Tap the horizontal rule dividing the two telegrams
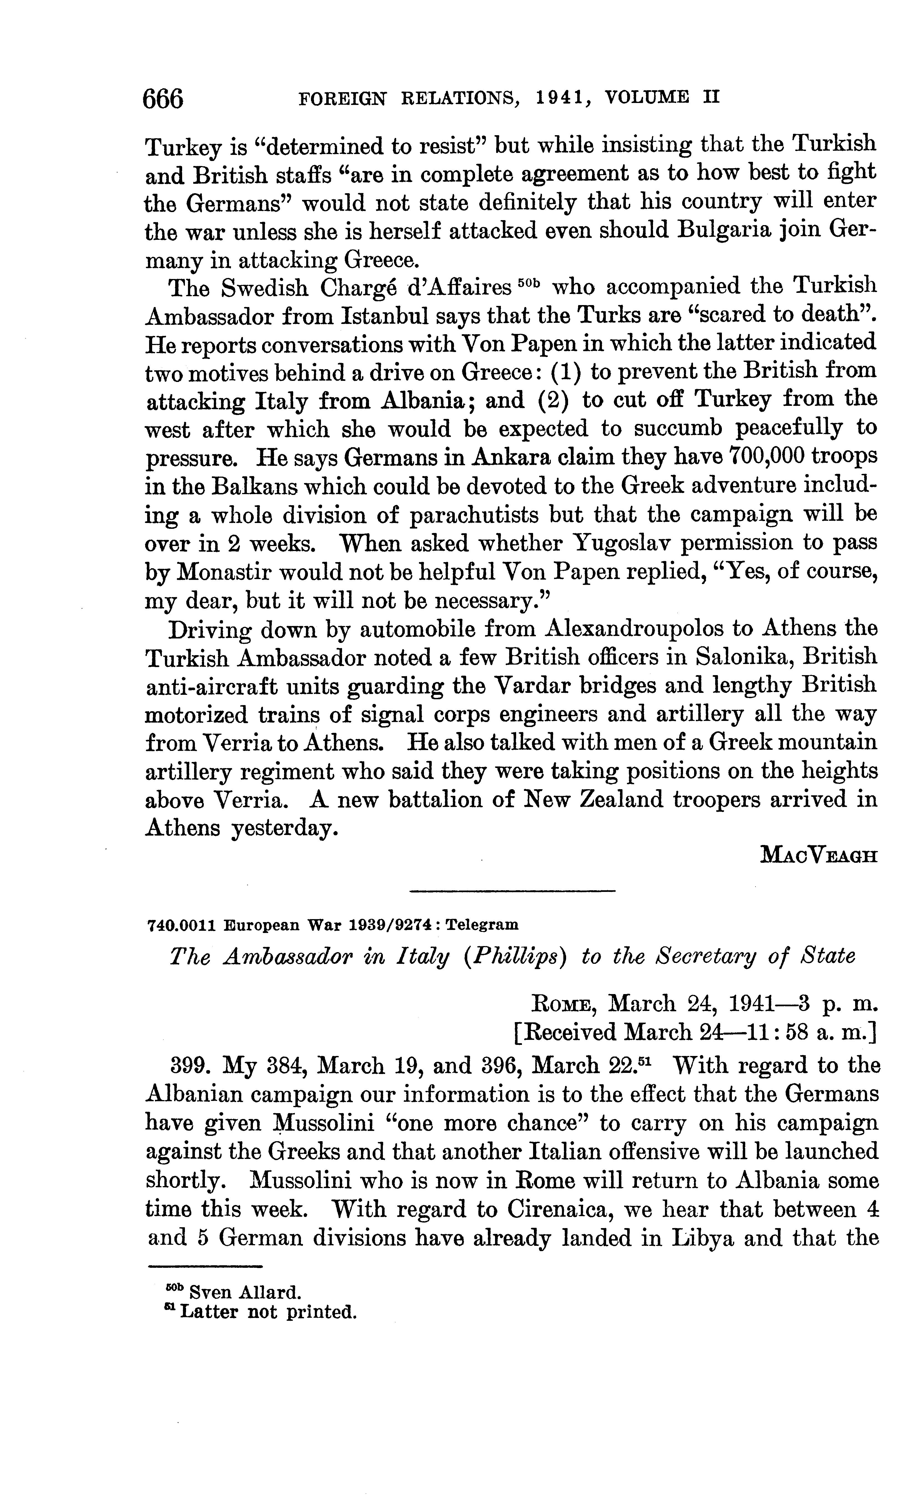point(512,892)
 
